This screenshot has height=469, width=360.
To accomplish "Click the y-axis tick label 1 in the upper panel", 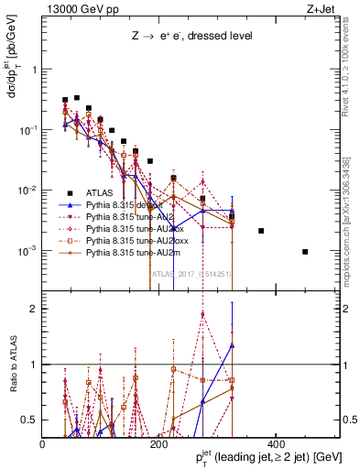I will tap(34, 70).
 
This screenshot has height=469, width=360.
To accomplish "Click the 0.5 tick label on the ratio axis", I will tap(30, 419).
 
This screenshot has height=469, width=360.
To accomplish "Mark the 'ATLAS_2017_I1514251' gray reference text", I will tap(191, 273).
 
